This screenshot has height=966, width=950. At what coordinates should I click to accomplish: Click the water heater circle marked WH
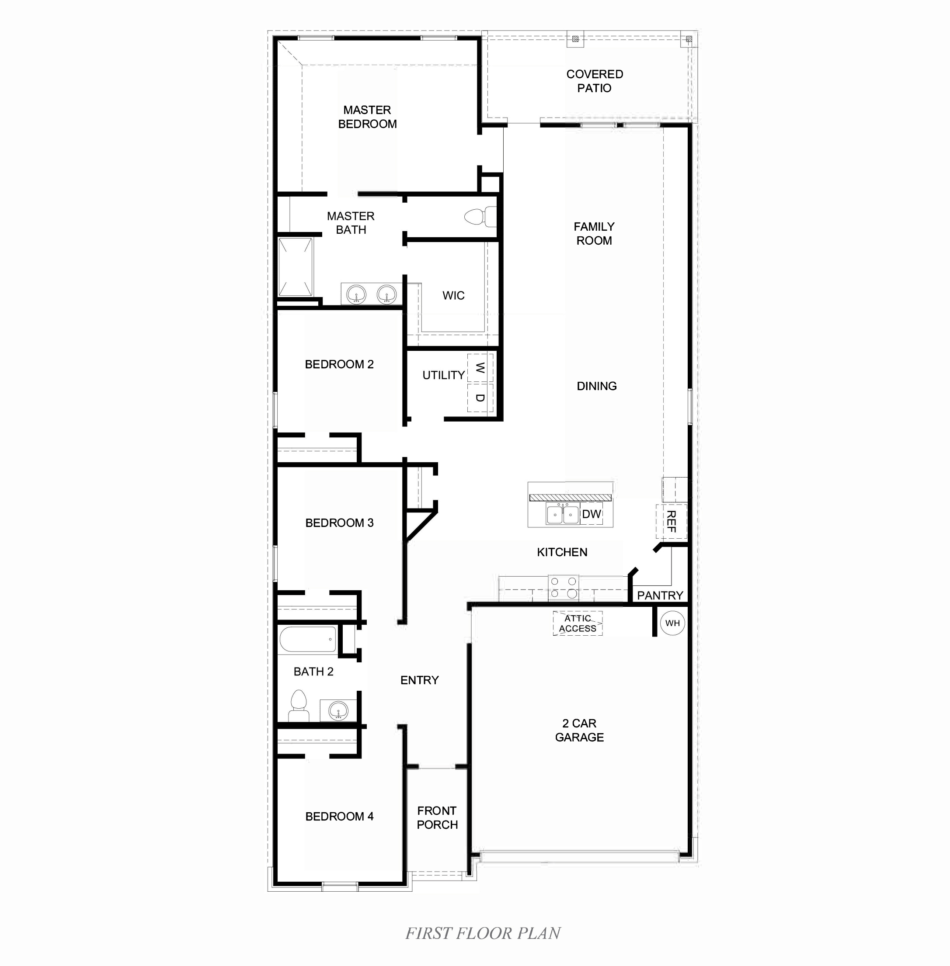(672, 623)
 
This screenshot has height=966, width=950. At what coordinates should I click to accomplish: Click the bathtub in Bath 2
(307, 639)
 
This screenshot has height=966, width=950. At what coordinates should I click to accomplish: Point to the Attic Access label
(577, 623)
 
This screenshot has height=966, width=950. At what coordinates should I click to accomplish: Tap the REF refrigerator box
(671, 521)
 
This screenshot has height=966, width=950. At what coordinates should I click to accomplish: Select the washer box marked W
(480, 368)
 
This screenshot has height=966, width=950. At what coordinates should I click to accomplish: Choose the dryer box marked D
(480, 398)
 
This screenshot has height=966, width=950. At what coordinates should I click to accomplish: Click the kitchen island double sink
(562, 514)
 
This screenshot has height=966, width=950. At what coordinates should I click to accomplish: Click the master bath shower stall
(296, 267)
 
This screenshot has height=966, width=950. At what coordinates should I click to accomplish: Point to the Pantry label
(660, 596)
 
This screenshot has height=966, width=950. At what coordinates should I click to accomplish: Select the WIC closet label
(453, 296)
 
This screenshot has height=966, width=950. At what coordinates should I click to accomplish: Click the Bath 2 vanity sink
(338, 710)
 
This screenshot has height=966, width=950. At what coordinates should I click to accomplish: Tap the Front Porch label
(437, 818)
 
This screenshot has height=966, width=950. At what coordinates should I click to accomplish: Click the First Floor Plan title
(483, 934)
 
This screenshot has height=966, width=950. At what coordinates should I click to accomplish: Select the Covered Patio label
(594, 81)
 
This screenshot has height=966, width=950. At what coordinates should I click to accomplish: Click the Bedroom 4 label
(339, 817)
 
